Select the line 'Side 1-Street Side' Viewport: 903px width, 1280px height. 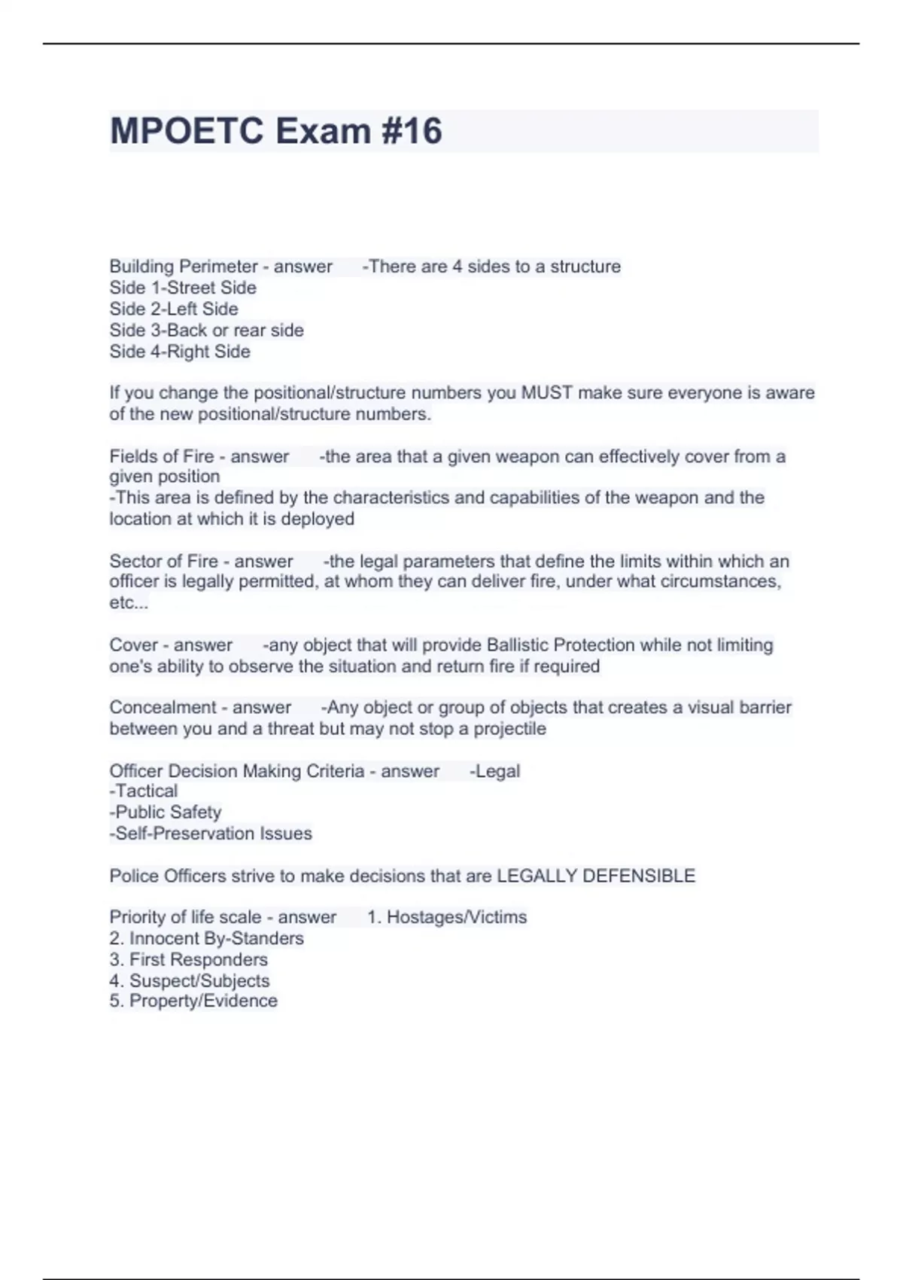(183, 288)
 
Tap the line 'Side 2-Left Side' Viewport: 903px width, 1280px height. (174, 309)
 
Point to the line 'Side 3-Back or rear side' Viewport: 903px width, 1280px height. (207, 330)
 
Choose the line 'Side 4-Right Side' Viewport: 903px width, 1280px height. (180, 352)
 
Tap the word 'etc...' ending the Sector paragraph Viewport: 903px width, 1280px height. (129, 603)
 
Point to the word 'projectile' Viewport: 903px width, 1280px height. (509, 729)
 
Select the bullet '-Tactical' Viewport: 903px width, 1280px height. (144, 791)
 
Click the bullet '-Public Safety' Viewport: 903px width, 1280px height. (166, 812)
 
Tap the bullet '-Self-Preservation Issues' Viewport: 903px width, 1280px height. (211, 834)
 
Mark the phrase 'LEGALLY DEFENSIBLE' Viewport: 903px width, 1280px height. (596, 876)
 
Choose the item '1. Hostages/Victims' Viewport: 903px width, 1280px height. (447, 917)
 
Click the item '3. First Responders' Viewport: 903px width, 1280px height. (188, 959)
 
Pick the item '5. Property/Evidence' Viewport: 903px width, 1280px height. (193, 1001)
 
